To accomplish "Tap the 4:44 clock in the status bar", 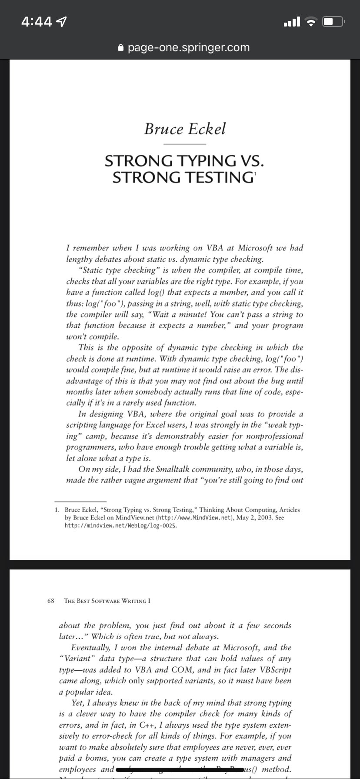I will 37,21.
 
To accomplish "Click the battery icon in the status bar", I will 333,21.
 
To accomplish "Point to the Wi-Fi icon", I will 311,22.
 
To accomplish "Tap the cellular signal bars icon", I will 291,21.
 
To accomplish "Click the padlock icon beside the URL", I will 121,48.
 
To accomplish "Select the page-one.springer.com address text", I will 189,47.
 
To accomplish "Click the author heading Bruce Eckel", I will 185,129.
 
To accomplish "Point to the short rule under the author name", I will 184,144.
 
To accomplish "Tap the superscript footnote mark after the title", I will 256,173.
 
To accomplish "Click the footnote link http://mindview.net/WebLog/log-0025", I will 121,526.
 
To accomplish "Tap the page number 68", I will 50,601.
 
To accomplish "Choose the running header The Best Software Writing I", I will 107,601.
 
